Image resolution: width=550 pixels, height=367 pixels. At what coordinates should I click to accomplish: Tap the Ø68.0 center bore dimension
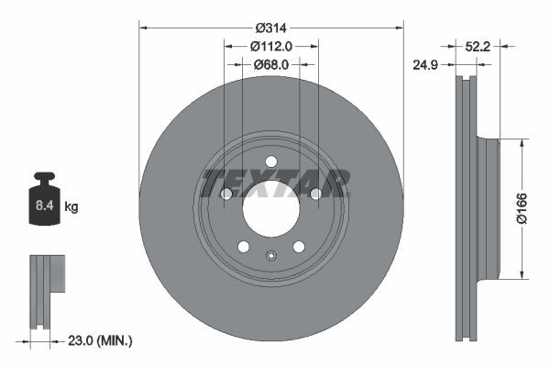[x=270, y=64]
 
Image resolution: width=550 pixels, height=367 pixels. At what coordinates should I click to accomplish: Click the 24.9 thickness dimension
[x=424, y=64]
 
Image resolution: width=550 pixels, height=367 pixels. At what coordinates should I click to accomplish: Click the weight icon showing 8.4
[x=44, y=196]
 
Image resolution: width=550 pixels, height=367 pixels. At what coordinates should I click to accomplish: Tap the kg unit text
[x=71, y=207]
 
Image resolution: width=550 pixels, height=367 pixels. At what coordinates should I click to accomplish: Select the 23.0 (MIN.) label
[x=100, y=340]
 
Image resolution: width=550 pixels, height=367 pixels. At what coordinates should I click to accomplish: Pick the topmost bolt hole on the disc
[x=270, y=162]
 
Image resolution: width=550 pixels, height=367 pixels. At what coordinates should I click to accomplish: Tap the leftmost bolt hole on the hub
[x=226, y=194]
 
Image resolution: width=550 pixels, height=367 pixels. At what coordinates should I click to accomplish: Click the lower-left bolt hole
[x=243, y=246]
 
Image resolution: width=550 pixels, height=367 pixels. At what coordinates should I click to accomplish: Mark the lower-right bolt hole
[x=298, y=246]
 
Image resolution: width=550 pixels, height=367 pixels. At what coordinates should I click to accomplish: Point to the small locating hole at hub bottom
[x=270, y=256]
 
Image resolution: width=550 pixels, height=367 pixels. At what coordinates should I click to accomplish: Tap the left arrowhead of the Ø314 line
[x=142, y=27]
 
